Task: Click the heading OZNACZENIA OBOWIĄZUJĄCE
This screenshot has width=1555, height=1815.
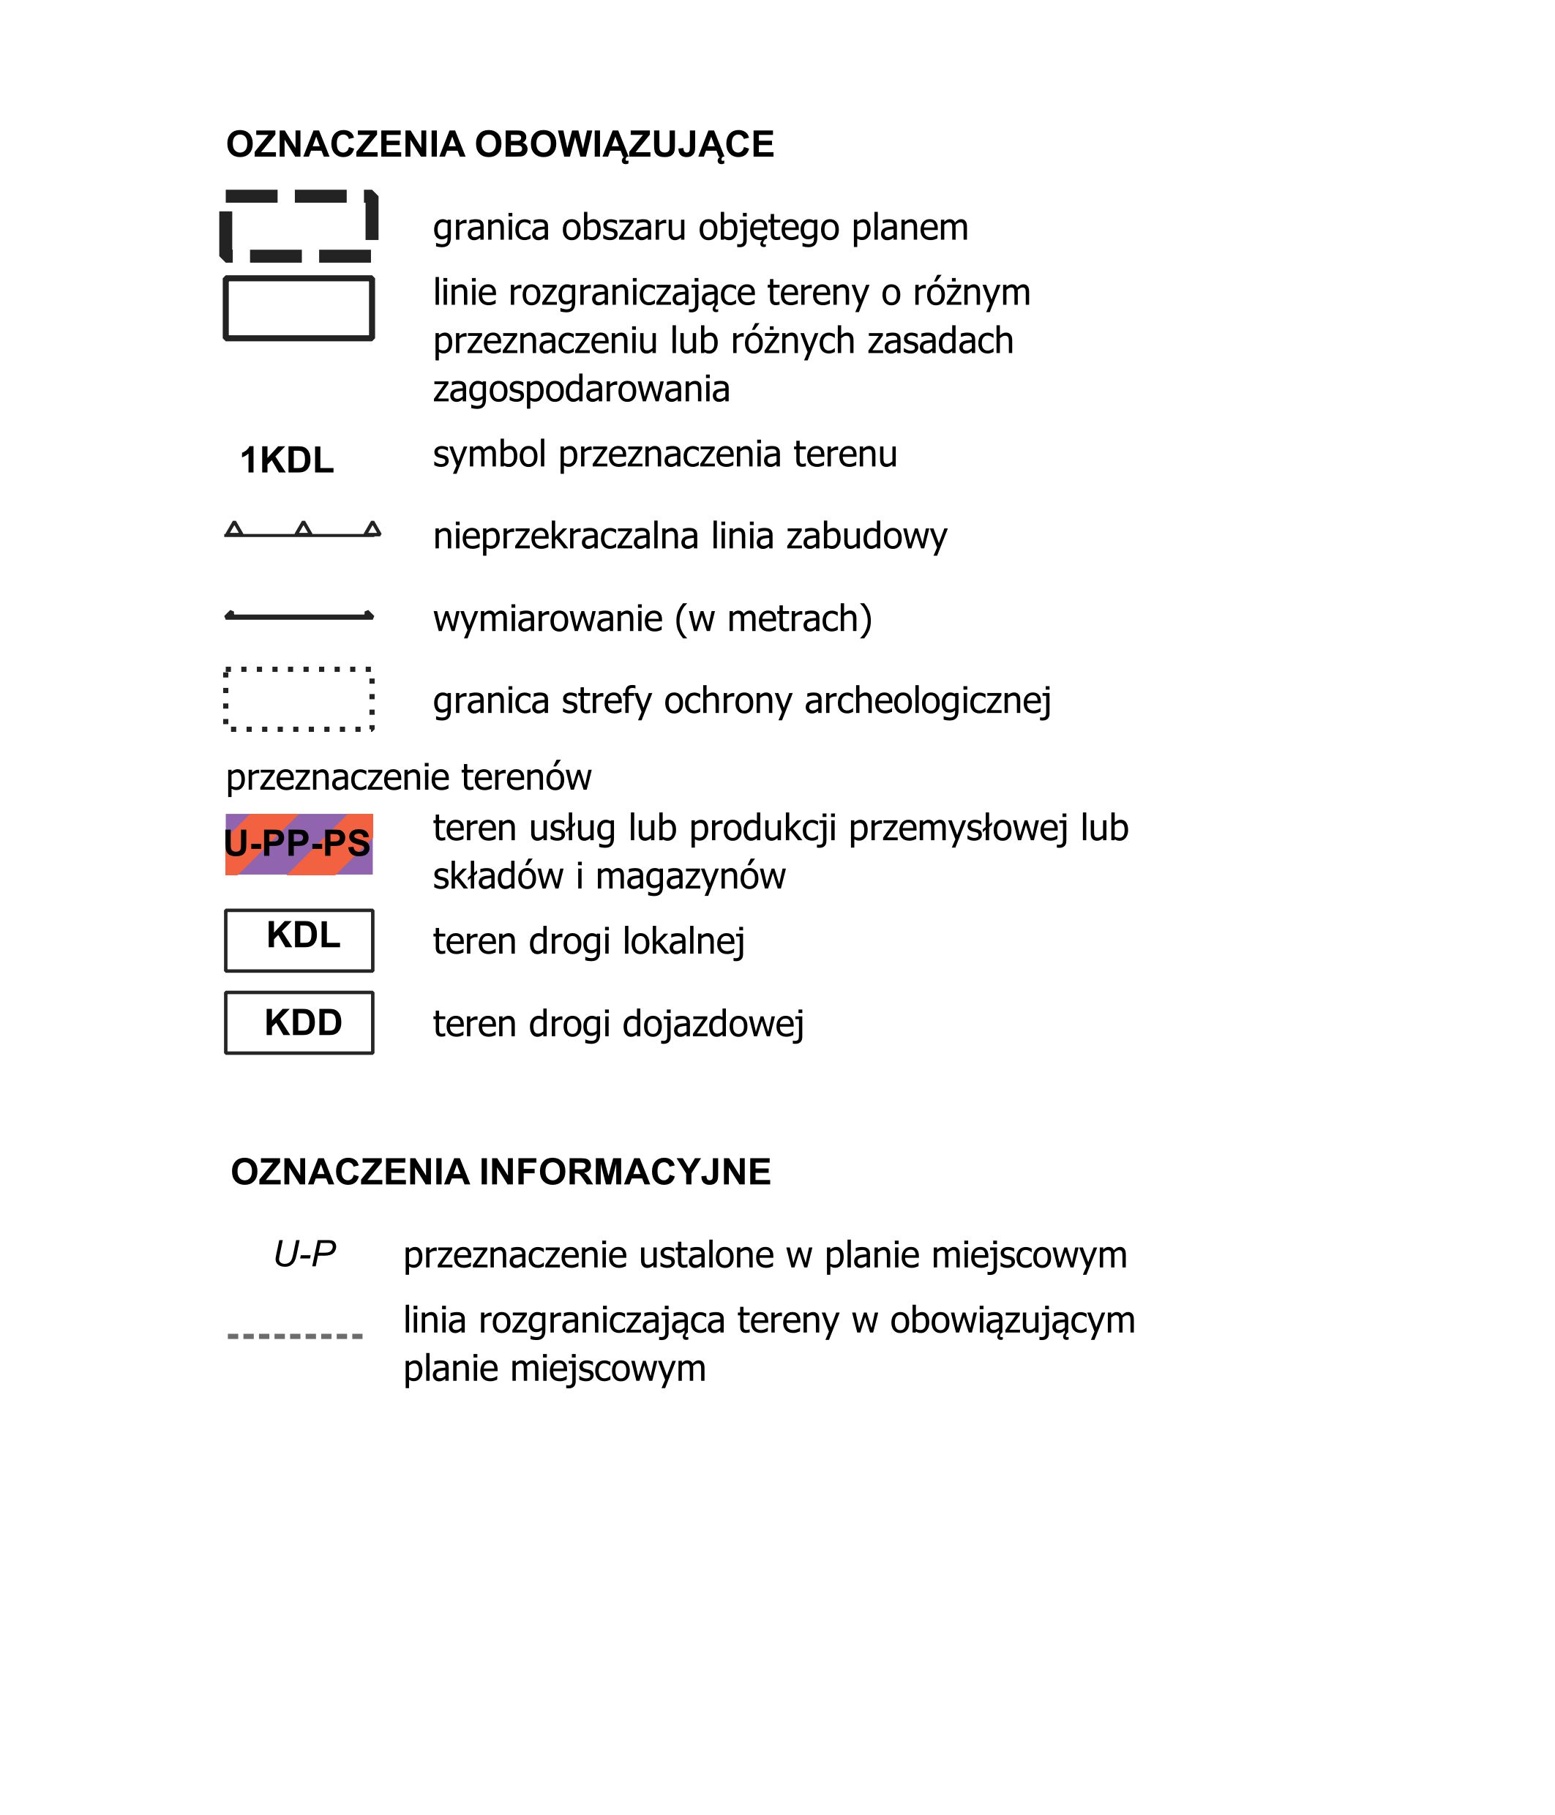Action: pyautogui.click(x=499, y=144)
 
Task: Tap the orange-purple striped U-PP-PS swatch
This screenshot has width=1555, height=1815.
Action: pyautogui.click(x=299, y=845)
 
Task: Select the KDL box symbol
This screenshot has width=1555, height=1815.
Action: pyautogui.click(x=299, y=940)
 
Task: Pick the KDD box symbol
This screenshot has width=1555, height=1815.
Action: pyautogui.click(x=299, y=1023)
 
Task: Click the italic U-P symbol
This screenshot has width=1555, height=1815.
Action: pyautogui.click(x=305, y=1254)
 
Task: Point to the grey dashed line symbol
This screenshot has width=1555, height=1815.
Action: pyautogui.click(x=294, y=1336)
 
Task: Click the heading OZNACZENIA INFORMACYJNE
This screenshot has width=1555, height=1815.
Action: pyautogui.click(x=501, y=1172)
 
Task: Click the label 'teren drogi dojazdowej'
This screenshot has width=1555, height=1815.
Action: pyautogui.click(x=618, y=1024)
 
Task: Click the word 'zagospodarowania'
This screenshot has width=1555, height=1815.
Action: pyautogui.click(x=581, y=389)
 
